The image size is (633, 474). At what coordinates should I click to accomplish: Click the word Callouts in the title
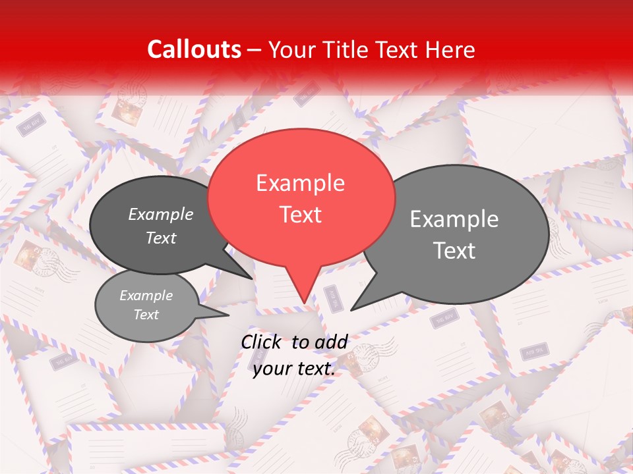(x=194, y=49)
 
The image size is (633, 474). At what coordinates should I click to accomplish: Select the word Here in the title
(x=449, y=49)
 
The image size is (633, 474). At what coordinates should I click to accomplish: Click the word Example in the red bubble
(x=300, y=183)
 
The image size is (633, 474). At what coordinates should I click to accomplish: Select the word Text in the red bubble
(x=300, y=215)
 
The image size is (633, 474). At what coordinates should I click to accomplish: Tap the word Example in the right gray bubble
(x=454, y=219)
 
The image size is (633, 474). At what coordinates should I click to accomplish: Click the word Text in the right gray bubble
(x=454, y=251)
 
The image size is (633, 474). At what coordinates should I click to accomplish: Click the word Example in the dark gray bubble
(x=161, y=215)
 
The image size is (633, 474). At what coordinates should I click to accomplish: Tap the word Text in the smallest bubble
(x=146, y=315)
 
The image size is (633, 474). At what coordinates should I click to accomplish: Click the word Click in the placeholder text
(x=262, y=342)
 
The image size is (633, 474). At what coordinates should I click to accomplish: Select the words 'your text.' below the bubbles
(x=294, y=369)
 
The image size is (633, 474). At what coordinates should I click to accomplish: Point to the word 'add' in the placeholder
(x=332, y=342)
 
